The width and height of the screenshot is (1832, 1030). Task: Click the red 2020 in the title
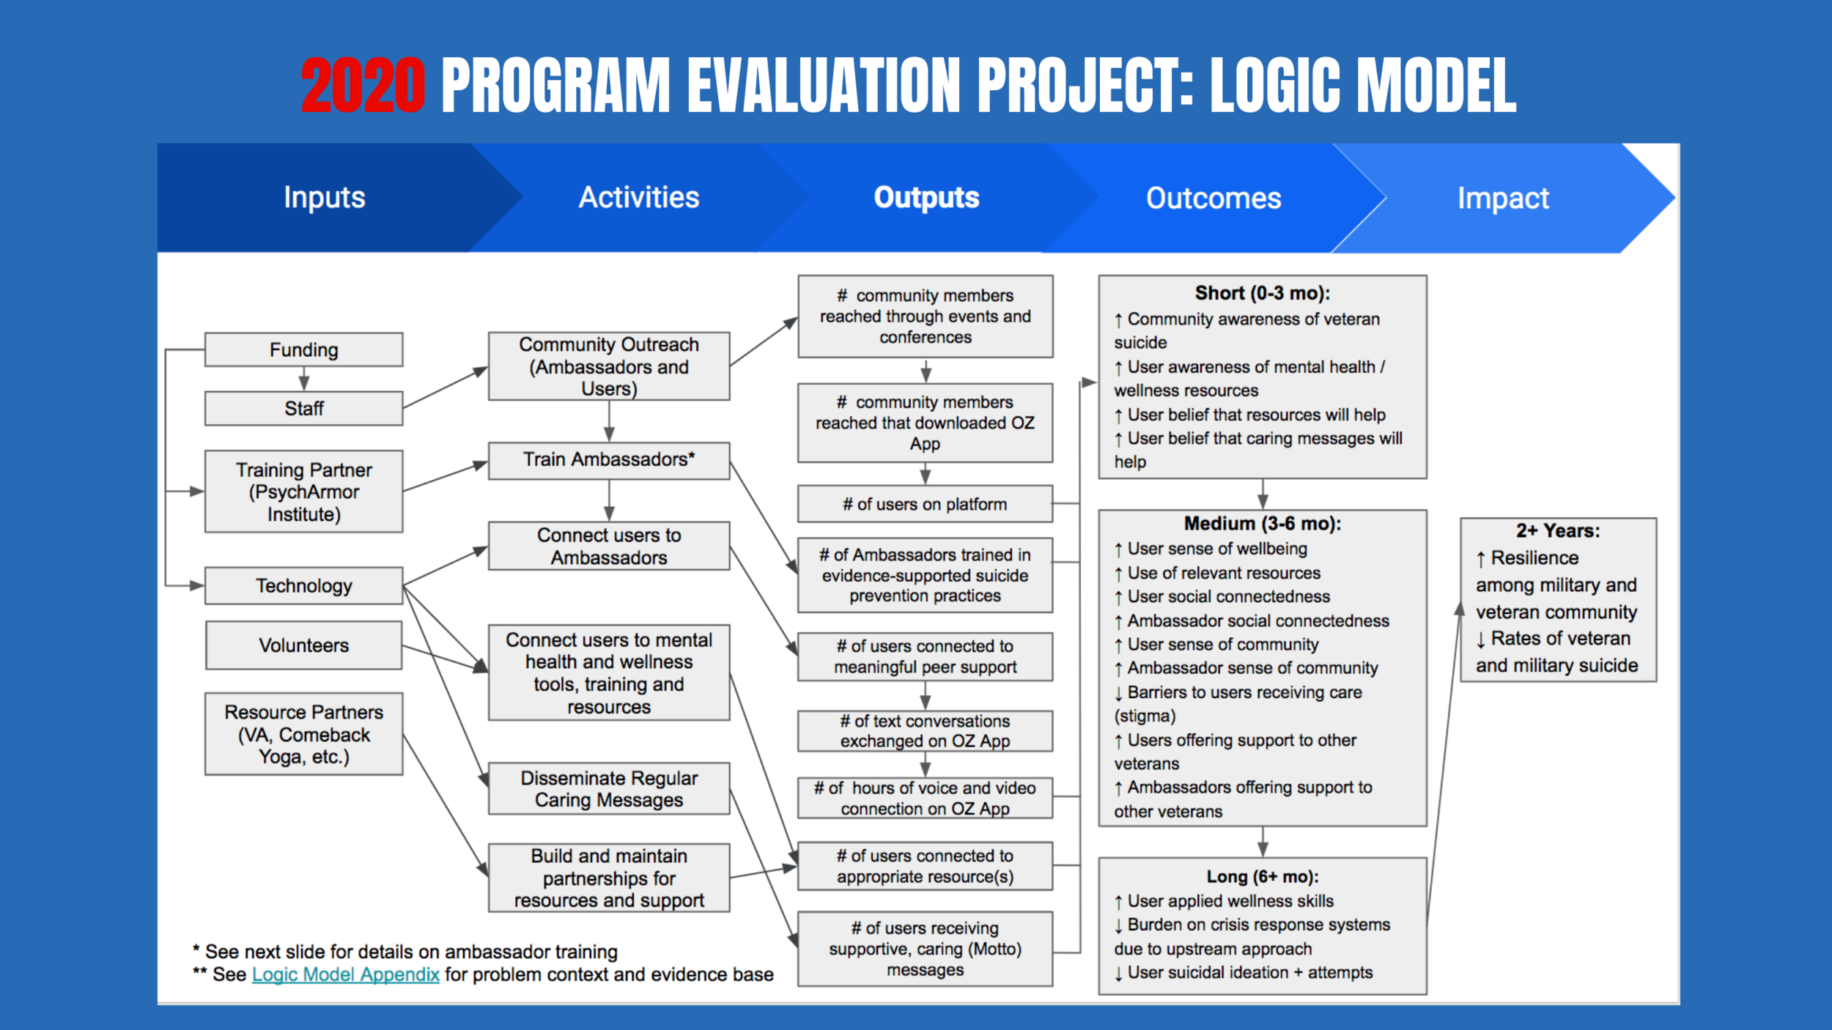point(363,86)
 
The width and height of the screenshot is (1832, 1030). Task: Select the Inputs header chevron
point(324,198)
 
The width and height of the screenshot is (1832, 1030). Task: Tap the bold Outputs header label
point(926,198)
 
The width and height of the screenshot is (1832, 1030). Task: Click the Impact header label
point(1503,199)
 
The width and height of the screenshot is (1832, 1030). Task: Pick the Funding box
point(303,350)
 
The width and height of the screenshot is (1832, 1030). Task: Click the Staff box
point(303,408)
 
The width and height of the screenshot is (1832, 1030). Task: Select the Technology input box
point(303,585)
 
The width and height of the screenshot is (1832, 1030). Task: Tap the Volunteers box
point(303,645)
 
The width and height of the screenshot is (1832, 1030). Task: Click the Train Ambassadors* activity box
point(608,460)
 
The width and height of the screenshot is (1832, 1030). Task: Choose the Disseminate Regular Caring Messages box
point(608,788)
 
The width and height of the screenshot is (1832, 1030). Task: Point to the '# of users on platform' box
point(925,504)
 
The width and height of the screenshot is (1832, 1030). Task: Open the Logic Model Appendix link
point(345,974)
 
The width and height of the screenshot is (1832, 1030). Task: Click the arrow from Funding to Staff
point(303,379)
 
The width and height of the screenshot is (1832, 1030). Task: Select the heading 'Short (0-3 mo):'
point(1262,294)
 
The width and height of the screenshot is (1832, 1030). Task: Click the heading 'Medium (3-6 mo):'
point(1262,524)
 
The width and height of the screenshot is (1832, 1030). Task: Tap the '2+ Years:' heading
point(1558,531)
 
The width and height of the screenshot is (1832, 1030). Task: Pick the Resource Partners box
point(303,734)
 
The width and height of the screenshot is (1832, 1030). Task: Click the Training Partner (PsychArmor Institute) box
point(303,492)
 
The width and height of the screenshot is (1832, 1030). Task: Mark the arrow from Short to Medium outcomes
point(1263,494)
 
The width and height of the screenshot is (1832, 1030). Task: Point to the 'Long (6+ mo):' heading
point(1262,877)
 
